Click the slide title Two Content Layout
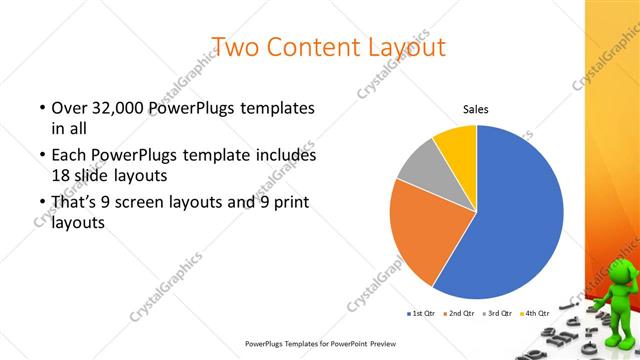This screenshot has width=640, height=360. click(x=329, y=46)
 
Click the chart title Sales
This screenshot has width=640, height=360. click(x=475, y=110)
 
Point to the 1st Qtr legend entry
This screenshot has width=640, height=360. click(x=419, y=313)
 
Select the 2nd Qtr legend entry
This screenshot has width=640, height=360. click(x=458, y=313)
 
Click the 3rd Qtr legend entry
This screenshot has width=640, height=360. click(x=496, y=313)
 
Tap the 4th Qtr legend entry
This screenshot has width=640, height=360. click(x=534, y=313)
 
